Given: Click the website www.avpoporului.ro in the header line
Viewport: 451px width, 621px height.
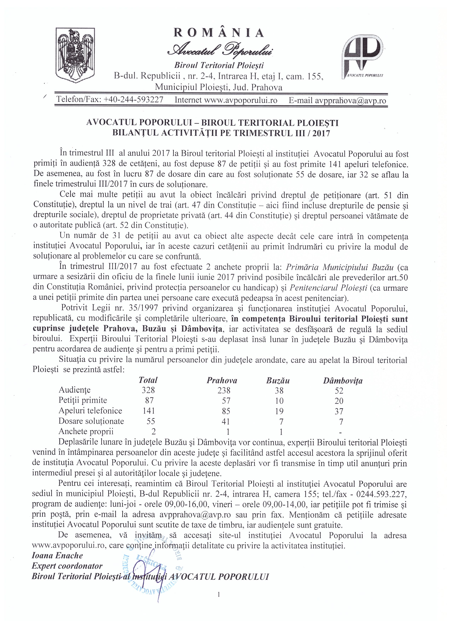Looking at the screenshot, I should pos(241,100).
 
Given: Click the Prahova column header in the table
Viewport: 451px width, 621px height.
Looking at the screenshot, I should pos(222,380).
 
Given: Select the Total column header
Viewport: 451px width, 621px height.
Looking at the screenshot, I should pos(148,380).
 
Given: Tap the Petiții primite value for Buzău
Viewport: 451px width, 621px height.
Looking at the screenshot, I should pos(279,401).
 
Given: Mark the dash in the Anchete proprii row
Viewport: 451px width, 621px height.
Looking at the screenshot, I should pos(340,433).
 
